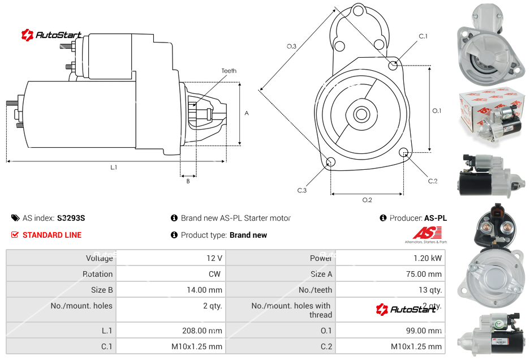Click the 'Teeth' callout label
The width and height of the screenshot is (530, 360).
click(229, 71)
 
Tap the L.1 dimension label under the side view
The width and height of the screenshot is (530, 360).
click(114, 168)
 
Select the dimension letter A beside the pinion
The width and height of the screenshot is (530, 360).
click(246, 113)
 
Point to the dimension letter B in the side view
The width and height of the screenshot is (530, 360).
click(188, 181)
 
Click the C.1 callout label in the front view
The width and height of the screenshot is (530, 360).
click(423, 36)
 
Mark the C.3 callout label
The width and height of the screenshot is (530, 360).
click(301, 190)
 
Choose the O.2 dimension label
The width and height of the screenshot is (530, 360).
click(367, 200)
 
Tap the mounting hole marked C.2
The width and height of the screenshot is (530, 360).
click(404, 153)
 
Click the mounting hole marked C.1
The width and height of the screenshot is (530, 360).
click(393, 66)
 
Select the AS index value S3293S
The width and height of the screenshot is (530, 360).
click(71, 218)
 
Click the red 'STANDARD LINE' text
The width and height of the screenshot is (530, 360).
click(52, 235)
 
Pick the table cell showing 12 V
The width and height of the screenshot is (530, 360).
click(214, 258)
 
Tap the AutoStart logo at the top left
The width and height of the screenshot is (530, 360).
click(51, 35)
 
